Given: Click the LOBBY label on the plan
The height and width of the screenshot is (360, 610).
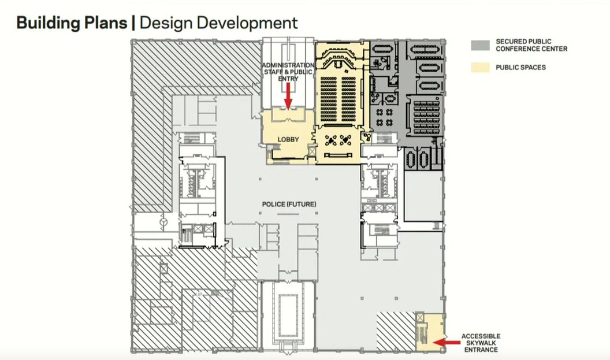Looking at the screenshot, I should [x=288, y=139].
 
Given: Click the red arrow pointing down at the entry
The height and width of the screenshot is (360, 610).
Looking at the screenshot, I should [x=288, y=95].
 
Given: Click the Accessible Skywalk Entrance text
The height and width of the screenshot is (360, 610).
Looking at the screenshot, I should [x=481, y=343].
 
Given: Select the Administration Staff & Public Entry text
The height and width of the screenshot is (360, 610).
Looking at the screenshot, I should [x=288, y=72].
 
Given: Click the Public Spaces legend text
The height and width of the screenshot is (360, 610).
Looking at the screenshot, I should [x=520, y=68].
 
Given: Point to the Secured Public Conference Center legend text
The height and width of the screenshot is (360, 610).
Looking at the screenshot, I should [x=531, y=45].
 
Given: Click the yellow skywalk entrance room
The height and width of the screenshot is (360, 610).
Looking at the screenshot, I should [x=429, y=332].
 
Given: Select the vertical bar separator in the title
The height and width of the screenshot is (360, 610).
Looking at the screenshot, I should [x=134, y=23].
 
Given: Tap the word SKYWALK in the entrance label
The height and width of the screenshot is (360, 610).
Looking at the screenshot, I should [x=481, y=343].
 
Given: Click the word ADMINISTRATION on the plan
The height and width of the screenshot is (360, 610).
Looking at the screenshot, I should [x=288, y=65].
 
